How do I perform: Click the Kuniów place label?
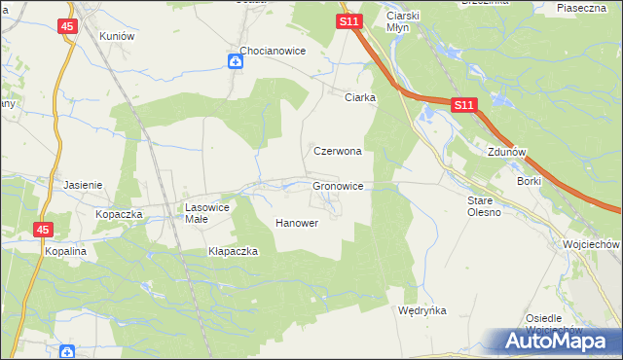tap(116, 35)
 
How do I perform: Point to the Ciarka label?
tap(360, 97)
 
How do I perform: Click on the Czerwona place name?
tap(338, 152)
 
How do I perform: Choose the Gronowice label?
tap(338, 185)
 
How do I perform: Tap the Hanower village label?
tap(297, 223)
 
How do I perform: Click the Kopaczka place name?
tap(119, 213)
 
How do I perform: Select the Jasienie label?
tap(83, 184)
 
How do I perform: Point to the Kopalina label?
tap(66, 250)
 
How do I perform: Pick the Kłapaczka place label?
tap(233, 251)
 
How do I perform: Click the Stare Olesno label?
tap(484, 206)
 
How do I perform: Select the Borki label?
tap(529, 181)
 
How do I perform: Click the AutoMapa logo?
tap(559, 341)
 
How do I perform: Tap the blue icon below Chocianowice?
tap(236, 62)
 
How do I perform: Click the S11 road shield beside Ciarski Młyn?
tap(349, 20)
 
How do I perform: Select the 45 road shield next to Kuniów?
tap(67, 27)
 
